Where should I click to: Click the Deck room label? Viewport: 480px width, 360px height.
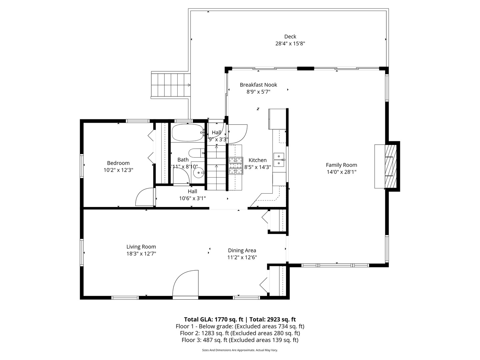[x=290, y=37]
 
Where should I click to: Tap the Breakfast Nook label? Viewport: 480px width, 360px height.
[x=258, y=85]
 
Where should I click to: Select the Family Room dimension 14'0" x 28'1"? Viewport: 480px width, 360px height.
[x=341, y=172]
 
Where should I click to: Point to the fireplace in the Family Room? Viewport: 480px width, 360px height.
[x=387, y=166]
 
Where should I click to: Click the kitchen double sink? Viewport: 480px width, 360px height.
[x=279, y=160]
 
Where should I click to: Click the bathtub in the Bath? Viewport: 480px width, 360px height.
[x=187, y=133]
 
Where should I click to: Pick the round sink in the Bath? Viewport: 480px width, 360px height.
[x=199, y=173]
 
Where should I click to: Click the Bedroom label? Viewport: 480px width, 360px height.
[x=118, y=163]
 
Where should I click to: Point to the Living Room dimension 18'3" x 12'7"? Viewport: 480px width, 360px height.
[x=141, y=254]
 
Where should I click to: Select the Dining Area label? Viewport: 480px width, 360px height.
[x=242, y=250]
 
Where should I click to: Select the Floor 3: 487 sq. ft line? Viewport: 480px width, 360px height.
[x=240, y=340]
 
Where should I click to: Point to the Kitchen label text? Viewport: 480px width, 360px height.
[x=257, y=160]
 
